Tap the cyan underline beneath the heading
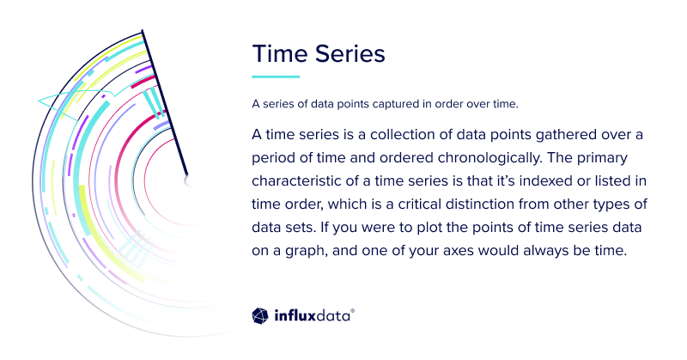tap(275, 76)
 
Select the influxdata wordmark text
tap(313, 316)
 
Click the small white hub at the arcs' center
tap(188, 180)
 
